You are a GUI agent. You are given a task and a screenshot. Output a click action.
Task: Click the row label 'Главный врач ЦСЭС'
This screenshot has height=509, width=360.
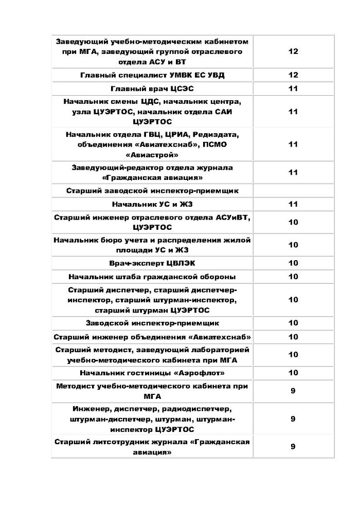pos(152,88)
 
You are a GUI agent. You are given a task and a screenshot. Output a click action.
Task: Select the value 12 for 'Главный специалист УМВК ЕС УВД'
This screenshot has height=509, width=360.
pos(293,75)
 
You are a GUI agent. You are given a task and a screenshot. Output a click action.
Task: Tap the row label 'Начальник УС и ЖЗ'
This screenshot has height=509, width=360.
pos(152,204)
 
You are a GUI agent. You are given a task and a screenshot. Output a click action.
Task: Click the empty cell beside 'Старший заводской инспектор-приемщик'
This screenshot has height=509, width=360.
pos(293,191)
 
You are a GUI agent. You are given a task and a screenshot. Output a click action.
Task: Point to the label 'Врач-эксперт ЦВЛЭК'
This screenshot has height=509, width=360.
pos(152,263)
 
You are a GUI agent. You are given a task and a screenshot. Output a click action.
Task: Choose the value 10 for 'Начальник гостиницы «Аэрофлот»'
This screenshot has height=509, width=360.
pos(293,372)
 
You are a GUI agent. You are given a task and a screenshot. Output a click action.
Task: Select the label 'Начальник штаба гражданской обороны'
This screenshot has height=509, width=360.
pos(152,277)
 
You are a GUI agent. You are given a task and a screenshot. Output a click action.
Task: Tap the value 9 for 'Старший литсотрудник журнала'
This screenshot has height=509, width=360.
pos(293,446)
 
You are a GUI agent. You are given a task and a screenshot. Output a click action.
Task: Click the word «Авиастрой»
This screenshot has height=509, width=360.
pos(152,154)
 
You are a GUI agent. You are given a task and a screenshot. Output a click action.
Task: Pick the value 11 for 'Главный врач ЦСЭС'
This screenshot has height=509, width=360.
pos(293,88)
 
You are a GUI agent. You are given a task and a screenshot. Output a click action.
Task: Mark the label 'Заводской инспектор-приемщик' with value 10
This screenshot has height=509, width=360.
pos(152,323)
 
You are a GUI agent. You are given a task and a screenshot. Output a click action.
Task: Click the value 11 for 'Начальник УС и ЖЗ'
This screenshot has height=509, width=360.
pos(293,204)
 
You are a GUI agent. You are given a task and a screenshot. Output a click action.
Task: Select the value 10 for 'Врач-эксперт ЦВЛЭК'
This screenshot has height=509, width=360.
pos(293,263)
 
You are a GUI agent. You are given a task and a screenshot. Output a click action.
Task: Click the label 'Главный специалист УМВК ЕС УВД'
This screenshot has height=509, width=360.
pos(152,75)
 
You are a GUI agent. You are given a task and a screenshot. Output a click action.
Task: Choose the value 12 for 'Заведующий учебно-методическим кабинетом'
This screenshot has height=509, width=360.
pos(293,51)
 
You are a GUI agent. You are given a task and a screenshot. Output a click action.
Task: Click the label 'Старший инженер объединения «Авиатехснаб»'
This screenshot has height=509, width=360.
pos(152,337)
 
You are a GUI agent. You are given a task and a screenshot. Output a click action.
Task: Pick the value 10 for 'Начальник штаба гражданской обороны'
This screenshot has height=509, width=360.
pos(293,277)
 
